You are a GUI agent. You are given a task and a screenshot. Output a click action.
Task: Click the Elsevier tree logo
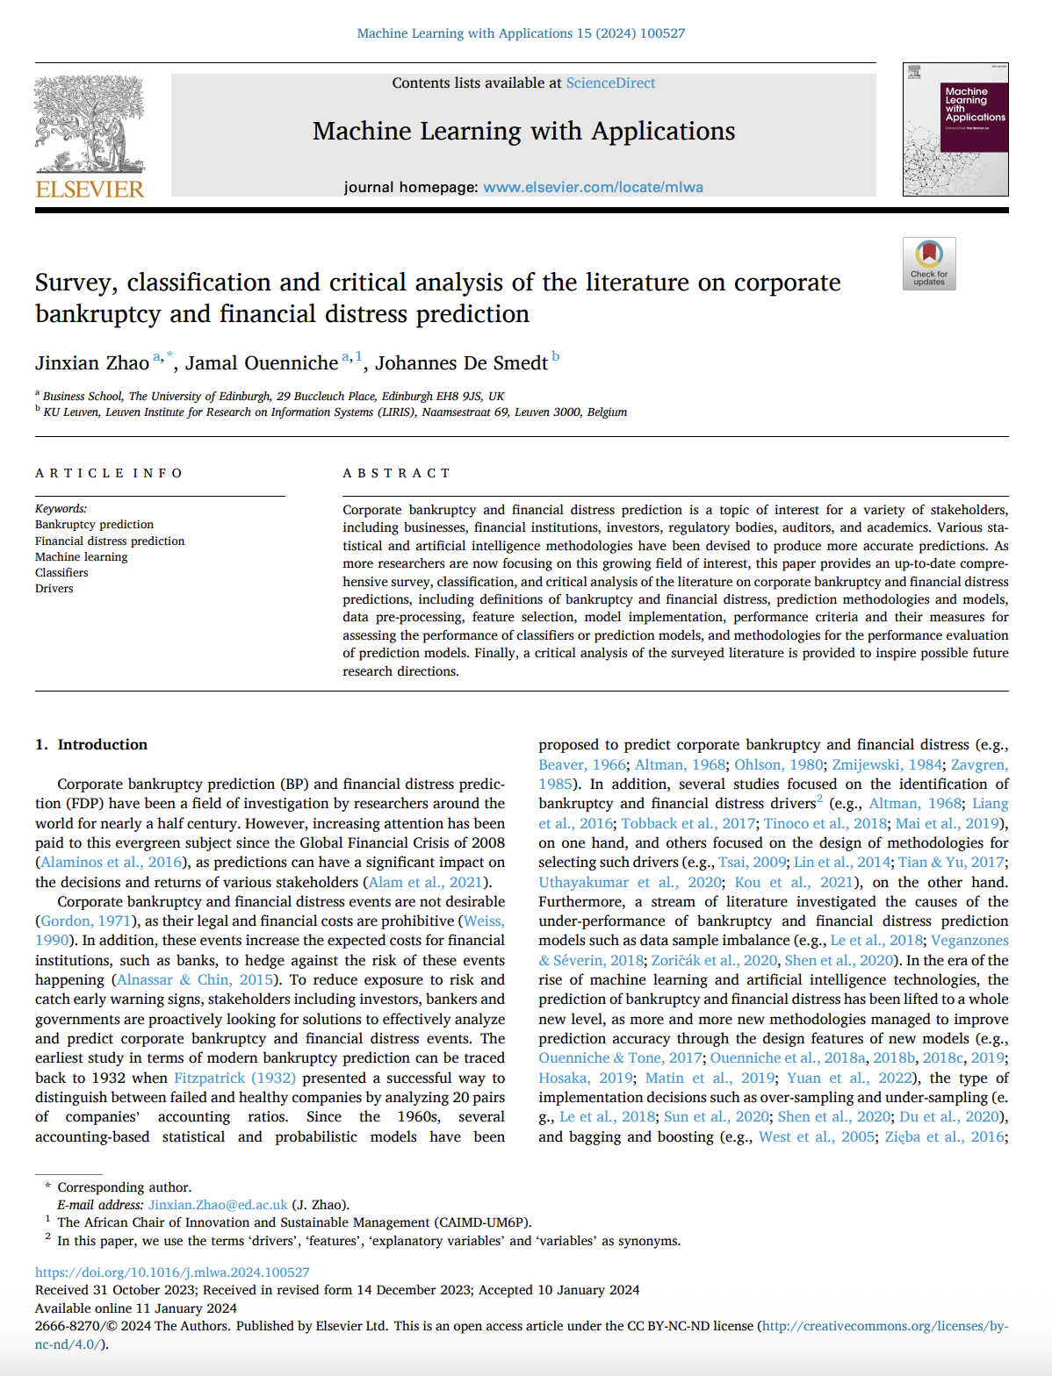point(90,125)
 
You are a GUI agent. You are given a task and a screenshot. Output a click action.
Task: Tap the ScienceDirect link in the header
point(610,82)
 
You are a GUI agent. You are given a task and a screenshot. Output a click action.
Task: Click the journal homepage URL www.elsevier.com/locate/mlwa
point(593,187)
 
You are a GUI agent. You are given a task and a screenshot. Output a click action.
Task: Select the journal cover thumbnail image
point(955,129)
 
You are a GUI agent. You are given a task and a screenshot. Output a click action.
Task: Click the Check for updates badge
point(929,263)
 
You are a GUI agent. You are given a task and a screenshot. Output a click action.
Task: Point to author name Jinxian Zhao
point(92,363)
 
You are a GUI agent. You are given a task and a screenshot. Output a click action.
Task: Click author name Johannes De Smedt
point(461,363)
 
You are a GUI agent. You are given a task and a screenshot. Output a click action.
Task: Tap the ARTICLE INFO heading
point(109,473)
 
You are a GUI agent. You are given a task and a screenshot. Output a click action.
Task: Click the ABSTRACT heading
point(396,473)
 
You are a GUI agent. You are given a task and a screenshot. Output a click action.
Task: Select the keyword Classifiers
point(61,573)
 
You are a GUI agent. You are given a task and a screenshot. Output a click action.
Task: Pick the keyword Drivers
point(54,589)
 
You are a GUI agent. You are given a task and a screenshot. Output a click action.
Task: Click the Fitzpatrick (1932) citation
point(234,1078)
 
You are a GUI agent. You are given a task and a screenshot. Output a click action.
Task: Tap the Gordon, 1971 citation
point(86,921)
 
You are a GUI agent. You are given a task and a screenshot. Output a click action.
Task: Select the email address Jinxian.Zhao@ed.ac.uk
point(218,1205)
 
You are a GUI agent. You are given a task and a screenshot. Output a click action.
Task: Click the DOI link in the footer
point(172,1272)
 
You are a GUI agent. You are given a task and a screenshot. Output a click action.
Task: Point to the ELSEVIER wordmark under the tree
point(90,189)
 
